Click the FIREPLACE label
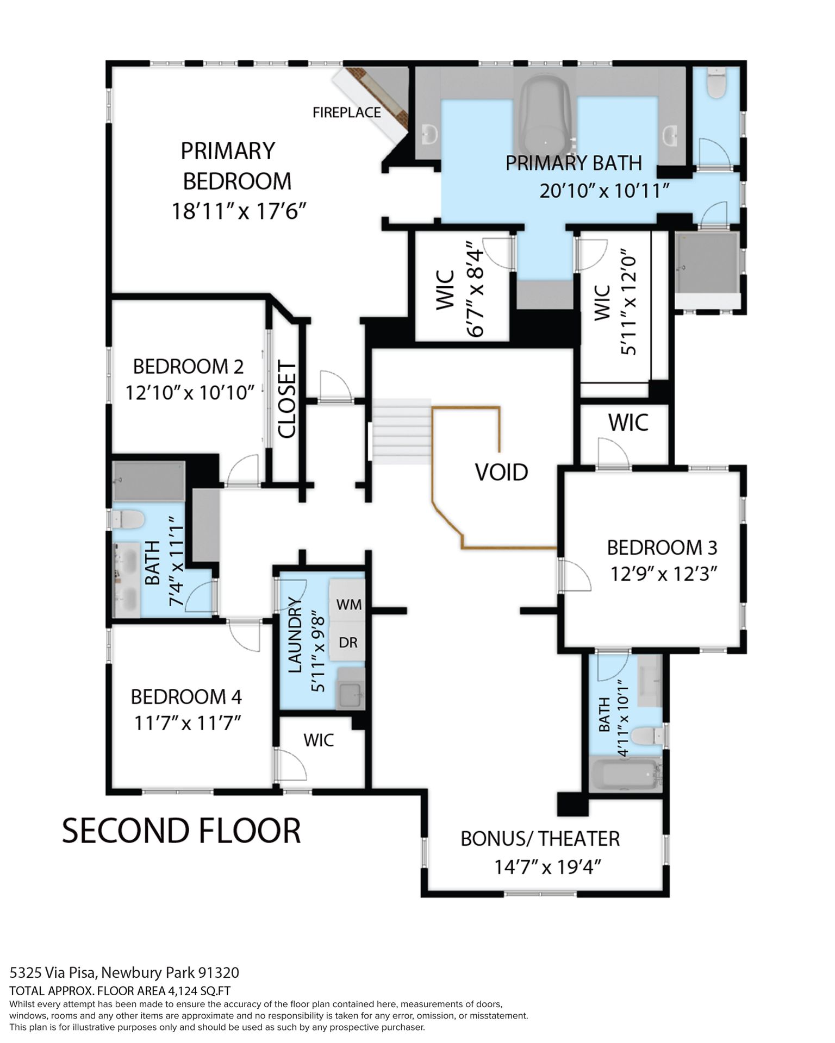[347, 112]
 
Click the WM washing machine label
[349, 604]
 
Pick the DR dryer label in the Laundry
[348, 643]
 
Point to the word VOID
[502, 473]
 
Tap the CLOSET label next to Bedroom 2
[286, 400]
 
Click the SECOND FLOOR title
[182, 831]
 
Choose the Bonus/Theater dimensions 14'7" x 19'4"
[547, 867]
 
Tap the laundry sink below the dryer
[351, 688]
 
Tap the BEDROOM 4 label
[186, 696]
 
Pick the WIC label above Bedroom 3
[628, 423]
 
